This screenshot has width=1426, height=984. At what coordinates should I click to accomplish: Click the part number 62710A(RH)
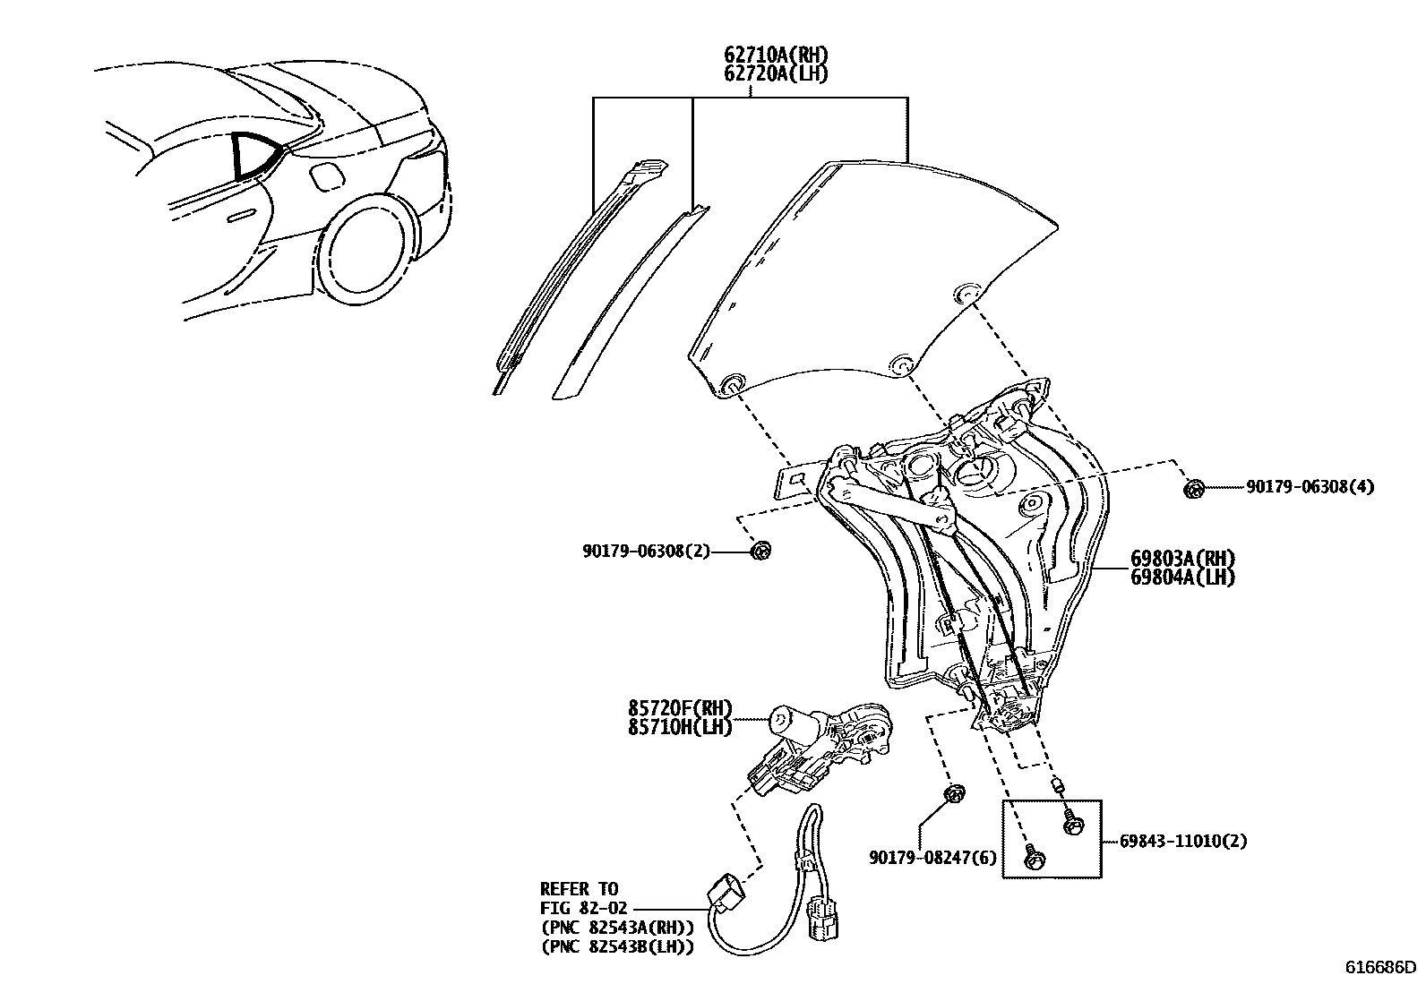tap(776, 56)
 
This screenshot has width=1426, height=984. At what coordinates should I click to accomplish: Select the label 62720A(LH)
tap(776, 73)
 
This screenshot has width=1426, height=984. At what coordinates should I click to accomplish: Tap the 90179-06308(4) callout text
tap(1310, 487)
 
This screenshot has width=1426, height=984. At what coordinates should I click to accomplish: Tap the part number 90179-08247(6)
tap(932, 858)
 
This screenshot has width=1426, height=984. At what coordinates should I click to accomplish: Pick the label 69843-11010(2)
tap(1183, 841)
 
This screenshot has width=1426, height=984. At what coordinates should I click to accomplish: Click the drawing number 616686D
tap(1380, 967)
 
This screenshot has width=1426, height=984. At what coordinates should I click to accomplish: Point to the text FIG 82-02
tap(586, 907)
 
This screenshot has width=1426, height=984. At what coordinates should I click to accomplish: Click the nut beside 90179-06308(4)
tap(1193, 489)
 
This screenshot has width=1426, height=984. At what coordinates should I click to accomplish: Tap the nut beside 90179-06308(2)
tap(760, 551)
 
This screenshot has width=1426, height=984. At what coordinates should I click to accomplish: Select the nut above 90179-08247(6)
tap(954, 793)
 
